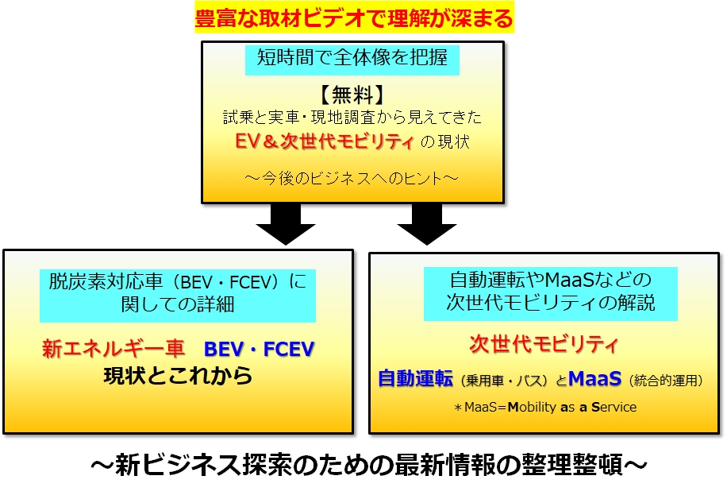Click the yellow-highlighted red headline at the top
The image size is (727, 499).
[354, 18]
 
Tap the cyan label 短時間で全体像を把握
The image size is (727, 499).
[352, 59]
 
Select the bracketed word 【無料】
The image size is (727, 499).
[352, 95]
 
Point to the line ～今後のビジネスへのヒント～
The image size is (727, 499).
[352, 178]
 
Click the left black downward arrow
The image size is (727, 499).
[286, 224]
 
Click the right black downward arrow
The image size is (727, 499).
[427, 224]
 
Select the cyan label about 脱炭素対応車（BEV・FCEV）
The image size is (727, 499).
[178, 296]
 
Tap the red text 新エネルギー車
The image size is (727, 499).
[113, 349]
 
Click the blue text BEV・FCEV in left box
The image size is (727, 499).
[260, 349]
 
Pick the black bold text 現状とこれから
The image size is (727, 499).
[178, 376]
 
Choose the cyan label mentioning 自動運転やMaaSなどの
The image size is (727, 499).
[550, 293]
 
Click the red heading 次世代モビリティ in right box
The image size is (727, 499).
[544, 344]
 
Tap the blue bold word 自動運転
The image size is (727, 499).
[415, 379]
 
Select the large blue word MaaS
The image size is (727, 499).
[595, 379]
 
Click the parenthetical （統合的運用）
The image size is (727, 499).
[666, 381]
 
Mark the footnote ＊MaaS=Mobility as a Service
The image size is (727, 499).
[545, 407]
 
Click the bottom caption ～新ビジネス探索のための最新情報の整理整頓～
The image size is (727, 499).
[368, 465]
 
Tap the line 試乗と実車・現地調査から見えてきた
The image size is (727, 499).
[352, 118]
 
